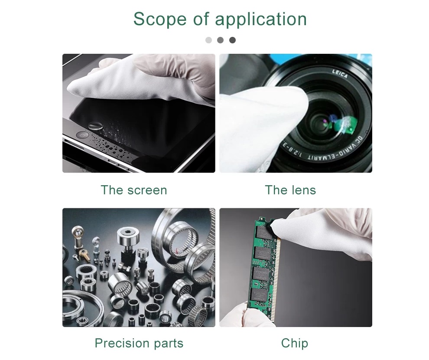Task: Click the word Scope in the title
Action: (160, 19)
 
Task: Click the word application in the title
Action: (261, 20)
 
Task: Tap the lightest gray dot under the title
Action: (208, 40)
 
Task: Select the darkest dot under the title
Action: (232, 40)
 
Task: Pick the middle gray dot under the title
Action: (220, 40)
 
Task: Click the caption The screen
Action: (134, 190)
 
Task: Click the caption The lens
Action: (290, 190)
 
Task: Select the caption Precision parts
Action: (139, 343)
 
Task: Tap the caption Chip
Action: (294, 343)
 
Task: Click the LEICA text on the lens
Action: (340, 74)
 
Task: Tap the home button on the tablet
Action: (82, 135)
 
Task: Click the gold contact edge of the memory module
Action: (277, 276)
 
